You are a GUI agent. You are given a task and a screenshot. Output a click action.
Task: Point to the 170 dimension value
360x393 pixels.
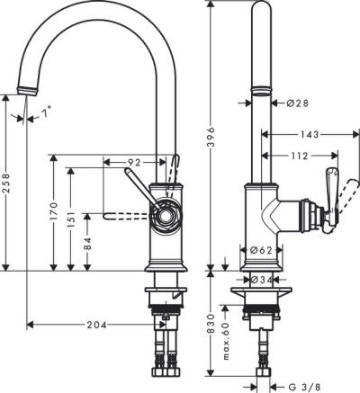(x=57, y=212)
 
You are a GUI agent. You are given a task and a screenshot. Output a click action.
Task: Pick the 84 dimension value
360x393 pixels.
(x=88, y=241)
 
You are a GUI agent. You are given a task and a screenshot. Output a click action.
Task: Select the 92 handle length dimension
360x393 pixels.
(x=134, y=163)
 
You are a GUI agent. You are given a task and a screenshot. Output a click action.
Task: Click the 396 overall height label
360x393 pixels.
(x=211, y=135)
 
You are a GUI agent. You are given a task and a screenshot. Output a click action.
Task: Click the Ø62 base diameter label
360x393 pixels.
(x=262, y=250)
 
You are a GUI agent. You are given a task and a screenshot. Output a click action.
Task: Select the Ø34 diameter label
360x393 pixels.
(x=262, y=281)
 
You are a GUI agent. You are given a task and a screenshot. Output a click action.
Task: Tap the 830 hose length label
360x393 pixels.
(x=211, y=322)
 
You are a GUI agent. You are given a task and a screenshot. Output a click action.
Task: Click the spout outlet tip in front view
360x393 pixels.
(x=29, y=89)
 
